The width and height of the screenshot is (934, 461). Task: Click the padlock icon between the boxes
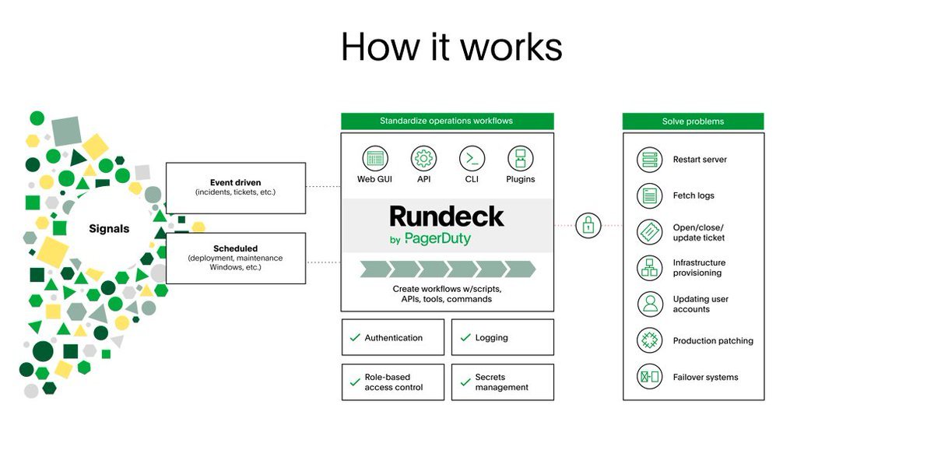point(588,226)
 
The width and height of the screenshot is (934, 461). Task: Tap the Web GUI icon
point(374,158)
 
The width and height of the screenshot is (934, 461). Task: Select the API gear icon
point(423,158)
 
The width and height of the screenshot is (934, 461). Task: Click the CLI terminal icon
point(472,158)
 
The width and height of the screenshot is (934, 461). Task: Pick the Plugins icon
point(521,158)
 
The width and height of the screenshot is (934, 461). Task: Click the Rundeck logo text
point(447,216)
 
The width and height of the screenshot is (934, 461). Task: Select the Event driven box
point(235,188)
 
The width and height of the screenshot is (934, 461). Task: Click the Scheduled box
point(235,258)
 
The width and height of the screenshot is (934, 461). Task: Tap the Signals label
point(109,229)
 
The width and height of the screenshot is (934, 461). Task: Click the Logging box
point(502,337)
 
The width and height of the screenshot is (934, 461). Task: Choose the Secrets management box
point(502,382)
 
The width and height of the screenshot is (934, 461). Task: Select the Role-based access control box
point(392,382)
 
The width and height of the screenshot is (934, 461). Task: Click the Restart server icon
point(649,160)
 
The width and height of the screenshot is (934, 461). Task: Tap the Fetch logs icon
point(649,195)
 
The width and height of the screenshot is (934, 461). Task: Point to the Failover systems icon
point(649,377)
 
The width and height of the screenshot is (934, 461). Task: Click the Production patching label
point(713,341)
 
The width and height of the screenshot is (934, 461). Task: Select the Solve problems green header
point(693,121)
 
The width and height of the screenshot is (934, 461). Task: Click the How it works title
point(451,47)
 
